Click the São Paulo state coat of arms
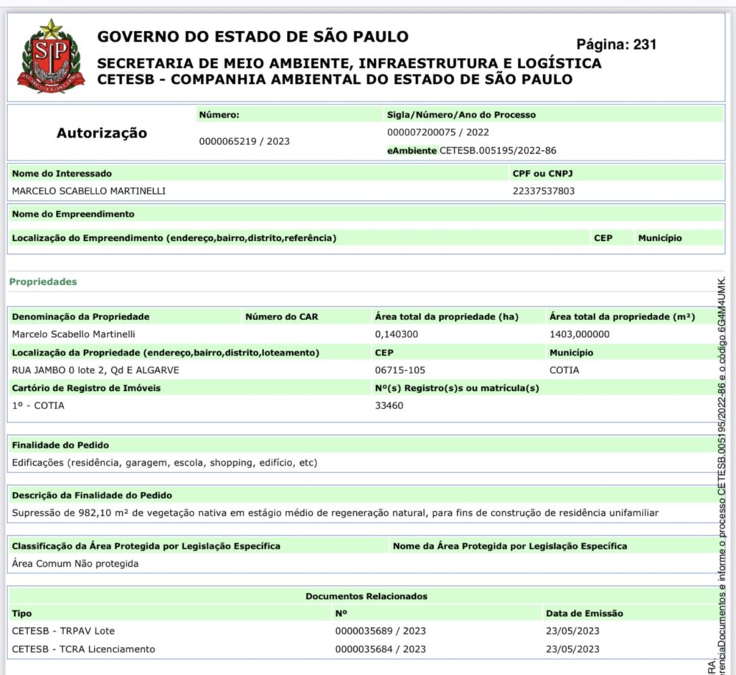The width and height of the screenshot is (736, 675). (x=51, y=57)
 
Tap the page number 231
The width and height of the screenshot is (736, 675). (x=616, y=44)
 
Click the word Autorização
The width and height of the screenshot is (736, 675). (x=102, y=133)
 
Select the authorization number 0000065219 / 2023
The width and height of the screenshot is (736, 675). (x=244, y=141)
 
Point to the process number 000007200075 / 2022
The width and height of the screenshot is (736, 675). (x=438, y=132)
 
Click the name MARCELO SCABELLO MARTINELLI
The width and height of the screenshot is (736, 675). (x=89, y=191)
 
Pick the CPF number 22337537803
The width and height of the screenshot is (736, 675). (x=543, y=191)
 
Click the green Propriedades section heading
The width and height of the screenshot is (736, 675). (x=43, y=282)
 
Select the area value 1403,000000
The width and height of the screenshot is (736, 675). (x=579, y=334)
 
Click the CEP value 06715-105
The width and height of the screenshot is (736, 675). (x=400, y=370)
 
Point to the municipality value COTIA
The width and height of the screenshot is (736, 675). (x=564, y=370)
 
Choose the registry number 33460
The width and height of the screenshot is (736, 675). (x=389, y=405)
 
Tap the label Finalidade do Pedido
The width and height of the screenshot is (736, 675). (x=61, y=445)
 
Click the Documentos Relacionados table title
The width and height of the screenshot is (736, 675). (x=366, y=596)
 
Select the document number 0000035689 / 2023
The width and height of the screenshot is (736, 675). (x=380, y=631)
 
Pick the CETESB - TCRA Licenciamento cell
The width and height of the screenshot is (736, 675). (x=84, y=649)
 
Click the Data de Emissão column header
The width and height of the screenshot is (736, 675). (x=584, y=613)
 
